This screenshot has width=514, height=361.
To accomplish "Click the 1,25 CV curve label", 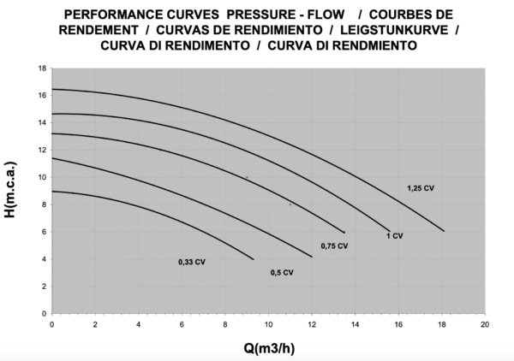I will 421,187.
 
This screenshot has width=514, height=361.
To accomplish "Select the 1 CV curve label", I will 394,235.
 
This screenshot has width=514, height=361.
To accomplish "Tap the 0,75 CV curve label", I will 335,246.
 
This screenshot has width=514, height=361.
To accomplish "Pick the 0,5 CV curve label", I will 282,273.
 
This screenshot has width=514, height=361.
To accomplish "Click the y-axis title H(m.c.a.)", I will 11,190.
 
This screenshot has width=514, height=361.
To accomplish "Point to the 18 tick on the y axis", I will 42,68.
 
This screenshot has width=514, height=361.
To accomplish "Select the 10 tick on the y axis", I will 42,177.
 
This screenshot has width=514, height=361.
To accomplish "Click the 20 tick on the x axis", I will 485,325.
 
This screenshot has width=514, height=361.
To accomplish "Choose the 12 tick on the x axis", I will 312,325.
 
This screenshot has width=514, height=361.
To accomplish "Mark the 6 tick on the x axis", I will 182,325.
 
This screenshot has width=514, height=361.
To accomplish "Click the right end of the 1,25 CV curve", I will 444,231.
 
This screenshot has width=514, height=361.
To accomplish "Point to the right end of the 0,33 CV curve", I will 254,259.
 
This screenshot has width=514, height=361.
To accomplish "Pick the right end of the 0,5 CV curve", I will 312,257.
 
